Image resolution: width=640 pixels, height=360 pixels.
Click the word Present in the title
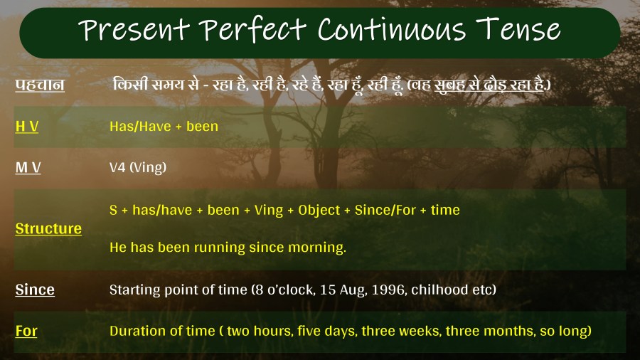(x=134, y=30)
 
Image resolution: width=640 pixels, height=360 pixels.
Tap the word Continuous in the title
(x=391, y=29)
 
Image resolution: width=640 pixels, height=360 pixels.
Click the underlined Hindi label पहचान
(x=40, y=85)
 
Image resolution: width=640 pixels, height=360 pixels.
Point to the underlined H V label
(x=27, y=126)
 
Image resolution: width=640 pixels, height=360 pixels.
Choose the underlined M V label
(x=28, y=167)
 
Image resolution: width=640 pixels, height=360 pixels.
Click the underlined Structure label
(x=48, y=228)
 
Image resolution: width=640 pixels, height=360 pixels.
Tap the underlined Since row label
(x=35, y=290)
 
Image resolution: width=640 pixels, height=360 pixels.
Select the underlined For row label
(x=26, y=331)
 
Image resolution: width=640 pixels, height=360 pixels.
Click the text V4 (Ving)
(x=138, y=167)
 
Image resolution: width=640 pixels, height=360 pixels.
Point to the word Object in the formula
(x=319, y=210)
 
